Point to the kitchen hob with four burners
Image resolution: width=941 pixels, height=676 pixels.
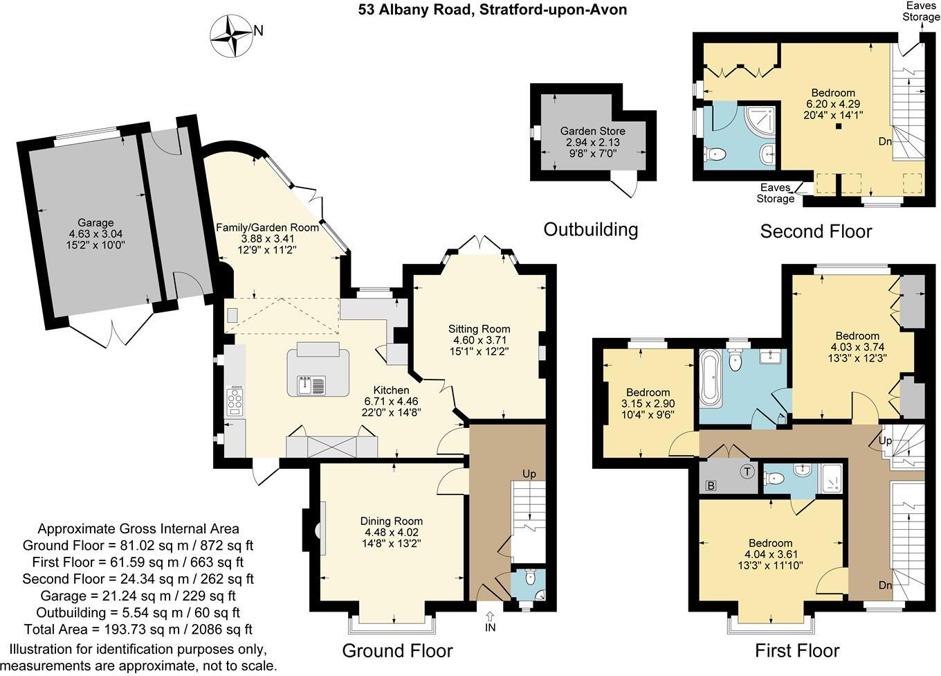(x=235, y=401)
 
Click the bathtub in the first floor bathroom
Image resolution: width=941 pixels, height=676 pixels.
(x=711, y=378)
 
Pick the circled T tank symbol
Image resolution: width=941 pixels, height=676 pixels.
(x=747, y=472)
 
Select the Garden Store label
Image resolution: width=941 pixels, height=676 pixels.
(x=592, y=131)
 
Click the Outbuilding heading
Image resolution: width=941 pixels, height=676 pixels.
(x=590, y=229)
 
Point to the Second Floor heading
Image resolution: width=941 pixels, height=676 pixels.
(x=816, y=231)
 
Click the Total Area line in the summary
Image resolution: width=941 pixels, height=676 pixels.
(x=138, y=629)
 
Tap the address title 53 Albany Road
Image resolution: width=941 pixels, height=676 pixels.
(x=492, y=10)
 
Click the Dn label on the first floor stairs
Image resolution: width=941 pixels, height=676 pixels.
(x=886, y=585)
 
